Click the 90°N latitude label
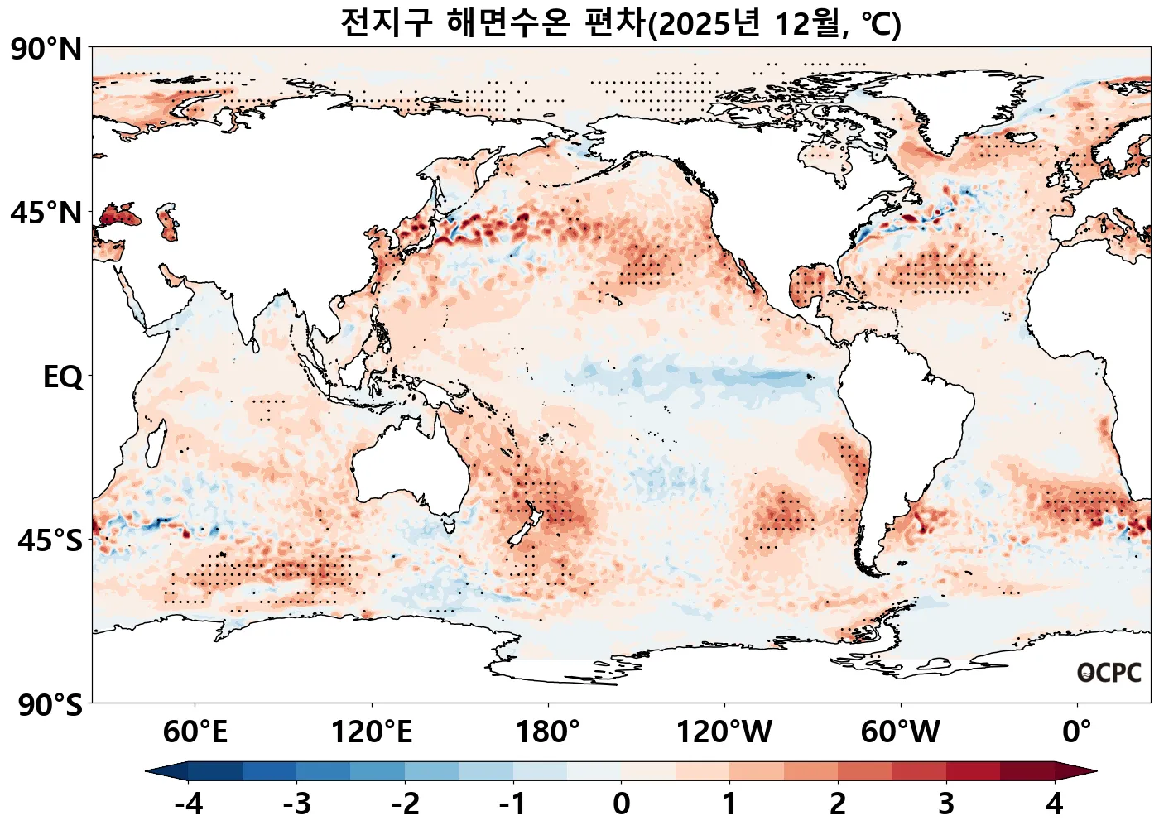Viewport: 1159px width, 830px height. (46, 50)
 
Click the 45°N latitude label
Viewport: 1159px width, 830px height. (46, 213)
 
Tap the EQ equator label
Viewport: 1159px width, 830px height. (63, 377)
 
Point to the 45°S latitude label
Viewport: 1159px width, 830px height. (50, 540)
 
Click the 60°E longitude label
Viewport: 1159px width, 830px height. (195, 732)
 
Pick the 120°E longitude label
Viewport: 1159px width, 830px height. (371, 732)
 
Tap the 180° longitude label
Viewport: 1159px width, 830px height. (547, 732)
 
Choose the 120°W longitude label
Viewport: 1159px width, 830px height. (724, 732)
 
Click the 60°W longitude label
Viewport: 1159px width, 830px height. (900, 732)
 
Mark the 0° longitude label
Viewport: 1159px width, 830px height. (1076, 732)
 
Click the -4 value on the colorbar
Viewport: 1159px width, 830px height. (189, 804)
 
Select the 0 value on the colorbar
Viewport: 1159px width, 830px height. (621, 804)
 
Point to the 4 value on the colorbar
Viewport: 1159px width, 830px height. (1054, 804)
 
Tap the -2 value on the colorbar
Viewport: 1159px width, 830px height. (405, 804)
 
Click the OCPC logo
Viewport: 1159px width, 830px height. (1109, 673)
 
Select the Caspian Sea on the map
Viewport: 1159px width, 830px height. (168, 222)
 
